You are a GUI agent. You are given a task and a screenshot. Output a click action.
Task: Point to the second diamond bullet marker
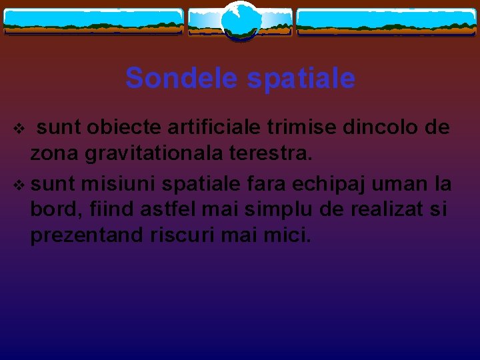19,183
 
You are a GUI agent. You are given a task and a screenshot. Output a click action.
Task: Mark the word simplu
270,209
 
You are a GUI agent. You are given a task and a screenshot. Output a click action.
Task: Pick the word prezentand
86,236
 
